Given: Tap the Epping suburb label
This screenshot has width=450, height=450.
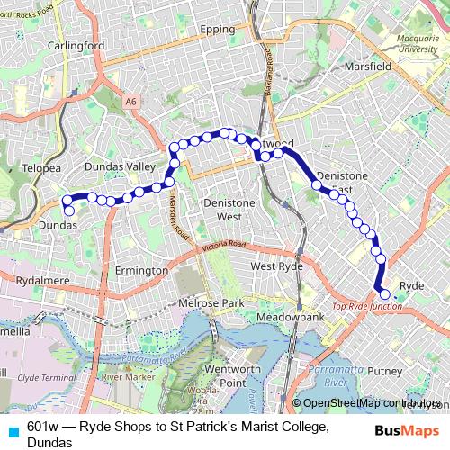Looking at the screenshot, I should [x=216, y=30].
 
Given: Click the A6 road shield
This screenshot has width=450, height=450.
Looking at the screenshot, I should [x=133, y=102].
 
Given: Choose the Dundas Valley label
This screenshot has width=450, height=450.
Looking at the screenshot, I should [x=119, y=167].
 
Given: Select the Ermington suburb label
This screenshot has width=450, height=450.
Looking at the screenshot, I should [x=142, y=270].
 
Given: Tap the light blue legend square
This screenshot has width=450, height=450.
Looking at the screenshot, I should [x=13, y=430].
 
